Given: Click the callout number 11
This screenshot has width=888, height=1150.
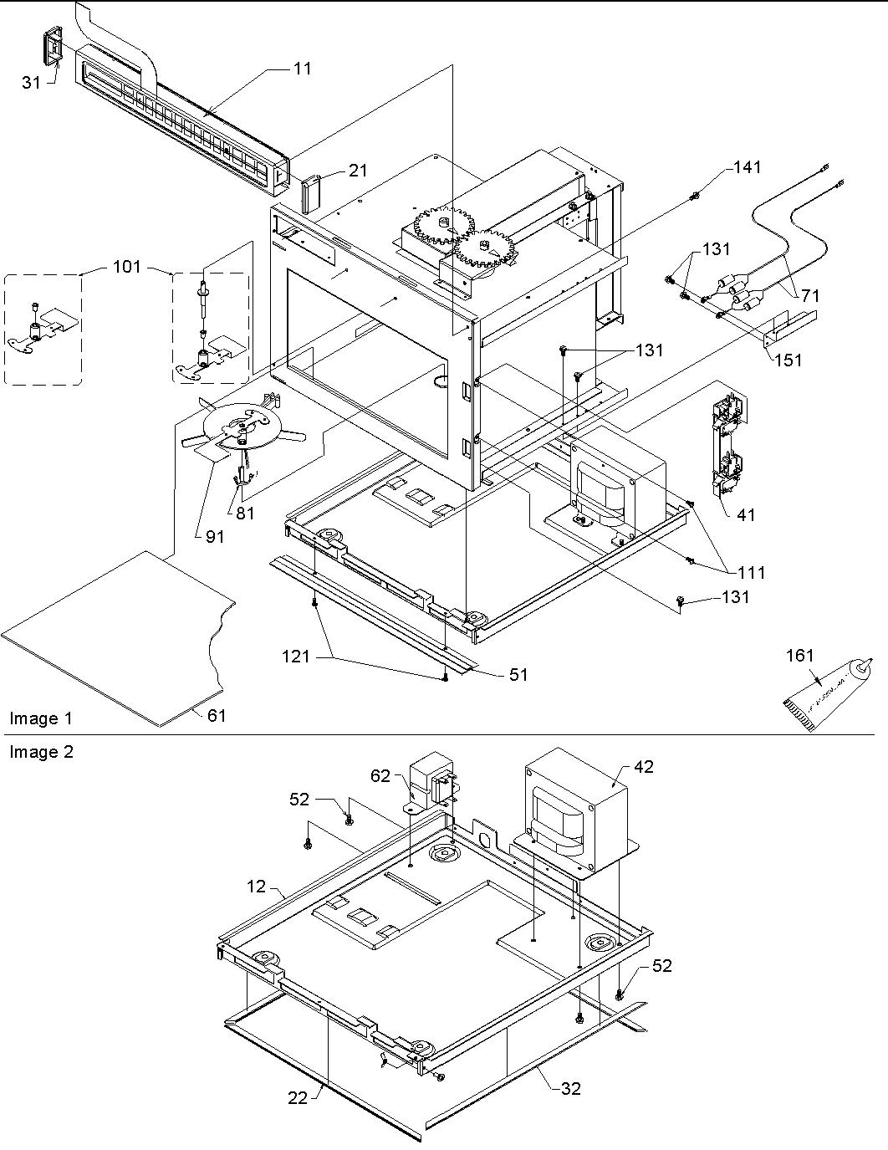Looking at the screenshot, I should click(303, 68).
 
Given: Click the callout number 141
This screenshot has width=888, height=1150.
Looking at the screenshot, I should click(747, 167).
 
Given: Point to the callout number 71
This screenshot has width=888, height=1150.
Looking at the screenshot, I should click(809, 295).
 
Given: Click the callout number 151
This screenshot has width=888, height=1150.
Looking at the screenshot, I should click(788, 360).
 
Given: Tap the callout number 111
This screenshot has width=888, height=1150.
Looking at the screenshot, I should click(751, 572).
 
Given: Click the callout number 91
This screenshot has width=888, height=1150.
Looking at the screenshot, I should click(214, 537).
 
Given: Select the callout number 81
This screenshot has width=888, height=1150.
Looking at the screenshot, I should click(244, 514).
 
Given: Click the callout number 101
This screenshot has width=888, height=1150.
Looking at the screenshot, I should click(126, 268).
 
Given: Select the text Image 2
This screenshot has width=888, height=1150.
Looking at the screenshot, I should click(41, 752).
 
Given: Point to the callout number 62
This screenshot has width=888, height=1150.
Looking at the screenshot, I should click(380, 775).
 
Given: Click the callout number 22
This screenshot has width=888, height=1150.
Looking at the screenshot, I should click(299, 1099).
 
